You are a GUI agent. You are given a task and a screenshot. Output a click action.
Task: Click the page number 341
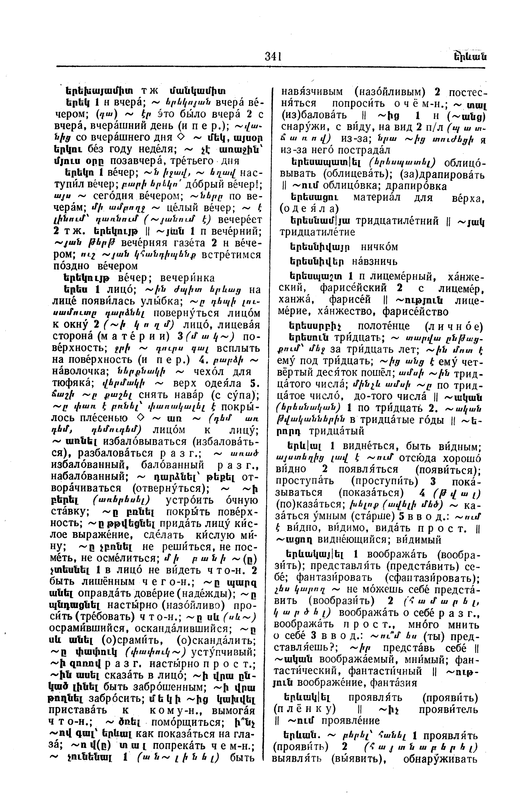pyautogui.click(x=273, y=56)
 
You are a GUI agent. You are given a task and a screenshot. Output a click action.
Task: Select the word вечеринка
pyautogui.click(x=187, y=278)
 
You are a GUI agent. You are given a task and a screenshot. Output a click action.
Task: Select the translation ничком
pyautogui.click(x=379, y=247)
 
